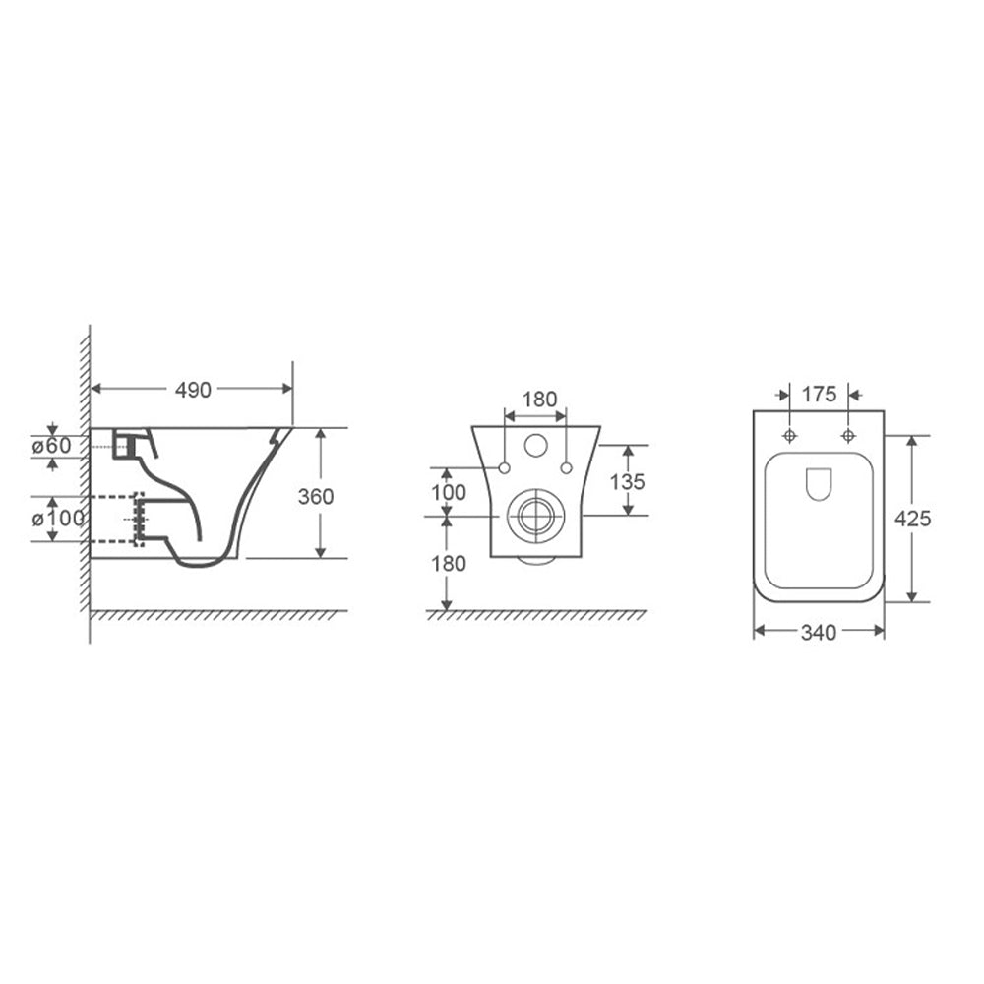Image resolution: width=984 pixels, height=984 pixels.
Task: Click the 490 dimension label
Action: coord(193,390)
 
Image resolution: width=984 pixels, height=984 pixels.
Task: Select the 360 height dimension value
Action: coord(316,497)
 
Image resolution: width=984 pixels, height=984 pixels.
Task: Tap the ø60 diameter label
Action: coord(51,445)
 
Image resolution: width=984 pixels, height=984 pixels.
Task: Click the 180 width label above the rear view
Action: coord(538,400)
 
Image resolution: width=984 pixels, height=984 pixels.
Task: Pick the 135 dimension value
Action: coord(627,481)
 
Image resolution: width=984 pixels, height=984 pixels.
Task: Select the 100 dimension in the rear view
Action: coord(447,491)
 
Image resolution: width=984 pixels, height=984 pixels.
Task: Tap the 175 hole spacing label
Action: coord(818,395)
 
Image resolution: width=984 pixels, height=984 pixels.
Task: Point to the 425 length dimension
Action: coord(913,519)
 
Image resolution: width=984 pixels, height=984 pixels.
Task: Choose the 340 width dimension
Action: coord(818,633)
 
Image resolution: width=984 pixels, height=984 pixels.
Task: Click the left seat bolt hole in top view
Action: coord(789,436)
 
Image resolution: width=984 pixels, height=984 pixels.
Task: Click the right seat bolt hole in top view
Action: coord(848,436)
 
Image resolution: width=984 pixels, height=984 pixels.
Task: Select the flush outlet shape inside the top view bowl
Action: coord(819,483)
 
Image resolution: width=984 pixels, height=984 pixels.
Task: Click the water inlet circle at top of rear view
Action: coord(536,445)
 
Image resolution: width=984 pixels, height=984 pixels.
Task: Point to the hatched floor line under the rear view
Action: coord(536,615)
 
